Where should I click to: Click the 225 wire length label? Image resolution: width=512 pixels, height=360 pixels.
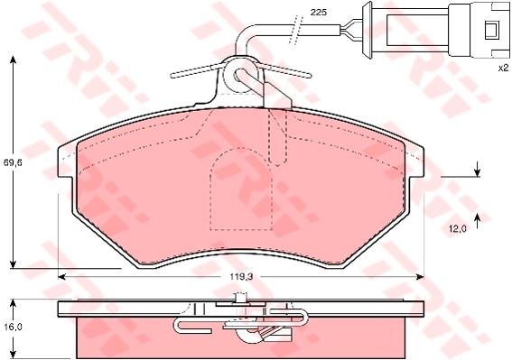click(x=319, y=13)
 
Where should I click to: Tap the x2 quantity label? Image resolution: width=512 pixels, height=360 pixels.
click(x=503, y=68)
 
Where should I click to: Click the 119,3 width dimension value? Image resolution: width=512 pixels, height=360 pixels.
click(x=242, y=277)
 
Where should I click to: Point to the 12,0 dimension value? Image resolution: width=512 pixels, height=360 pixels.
click(x=457, y=229)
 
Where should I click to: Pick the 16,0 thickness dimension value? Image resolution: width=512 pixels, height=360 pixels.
click(x=13, y=327)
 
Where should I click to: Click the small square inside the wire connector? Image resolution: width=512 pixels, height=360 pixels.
click(x=491, y=31)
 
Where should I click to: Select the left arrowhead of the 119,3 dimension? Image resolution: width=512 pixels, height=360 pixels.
click(x=62, y=277)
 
